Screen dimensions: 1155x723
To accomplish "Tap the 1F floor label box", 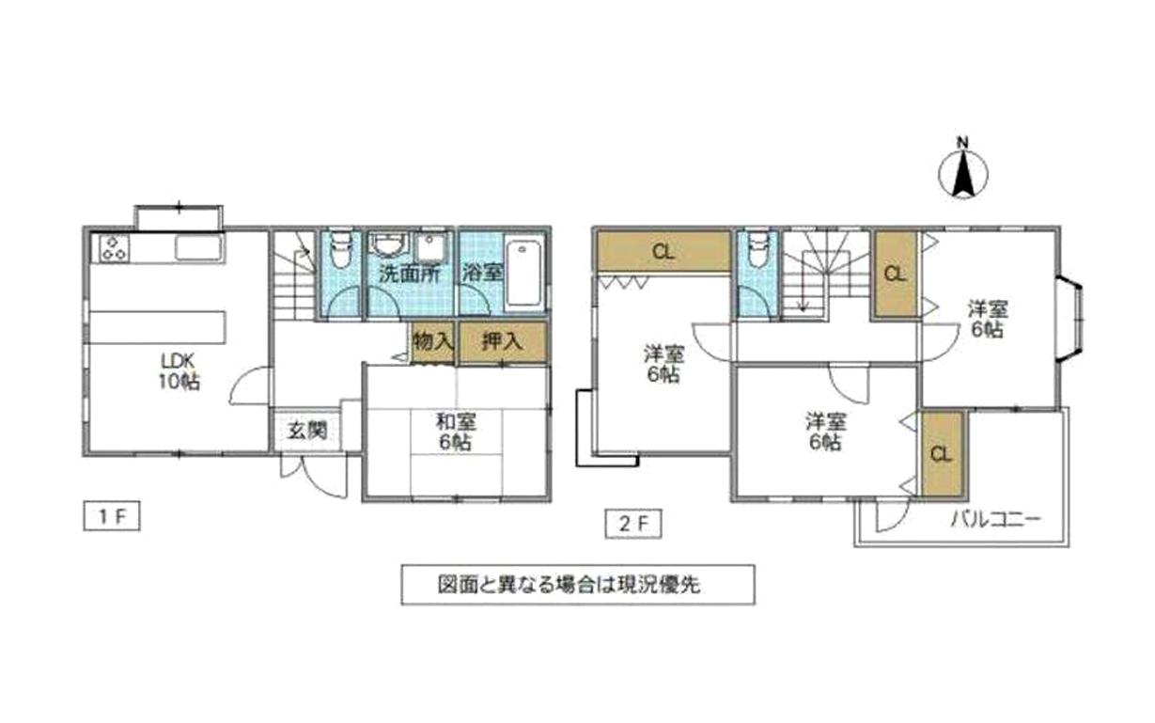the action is (112, 516).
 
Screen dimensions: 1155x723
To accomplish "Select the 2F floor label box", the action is (633, 524).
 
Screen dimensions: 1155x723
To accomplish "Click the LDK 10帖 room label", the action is (179, 371).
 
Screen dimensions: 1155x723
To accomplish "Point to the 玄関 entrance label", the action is (307, 430).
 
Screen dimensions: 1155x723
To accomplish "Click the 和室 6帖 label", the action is (456, 432).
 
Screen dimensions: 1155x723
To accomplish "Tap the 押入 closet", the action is (503, 342).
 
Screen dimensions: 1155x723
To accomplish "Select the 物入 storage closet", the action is (433, 342).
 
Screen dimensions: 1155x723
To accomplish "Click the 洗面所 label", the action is (410, 274).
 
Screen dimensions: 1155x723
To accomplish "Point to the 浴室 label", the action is (482, 273).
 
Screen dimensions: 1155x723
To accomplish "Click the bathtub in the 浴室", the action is (525, 274).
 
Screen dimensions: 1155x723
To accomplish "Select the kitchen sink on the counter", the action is (199, 247).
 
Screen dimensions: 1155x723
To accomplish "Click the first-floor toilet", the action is (340, 248).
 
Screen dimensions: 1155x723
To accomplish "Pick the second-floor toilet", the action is (757, 248).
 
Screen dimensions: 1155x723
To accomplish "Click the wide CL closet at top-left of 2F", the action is (663, 251).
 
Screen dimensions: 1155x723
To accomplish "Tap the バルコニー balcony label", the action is (995, 519).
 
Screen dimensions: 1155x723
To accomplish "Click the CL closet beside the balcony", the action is (942, 454).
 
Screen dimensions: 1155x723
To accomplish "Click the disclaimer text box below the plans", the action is (578, 585).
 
